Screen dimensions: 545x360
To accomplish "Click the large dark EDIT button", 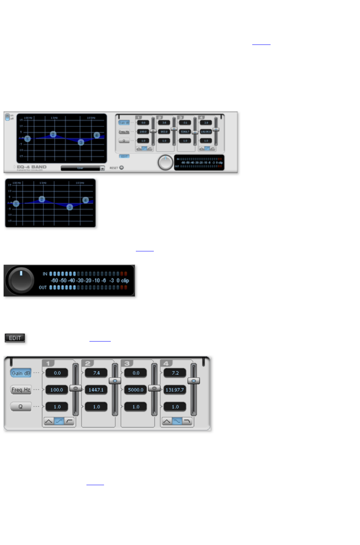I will [x=15, y=338].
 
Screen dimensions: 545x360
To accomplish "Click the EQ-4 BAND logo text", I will [x=32, y=167].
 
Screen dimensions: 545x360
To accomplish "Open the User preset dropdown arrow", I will [x=102, y=169].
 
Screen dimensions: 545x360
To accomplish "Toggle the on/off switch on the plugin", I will [x=7, y=117].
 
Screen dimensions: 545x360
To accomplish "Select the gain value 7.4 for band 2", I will [x=97, y=373].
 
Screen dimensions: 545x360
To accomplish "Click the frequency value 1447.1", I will [x=96, y=390].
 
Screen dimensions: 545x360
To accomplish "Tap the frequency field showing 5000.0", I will [x=135, y=390].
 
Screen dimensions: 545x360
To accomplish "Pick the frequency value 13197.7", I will [x=175, y=390].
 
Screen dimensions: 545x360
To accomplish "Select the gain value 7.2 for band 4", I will [x=175, y=373].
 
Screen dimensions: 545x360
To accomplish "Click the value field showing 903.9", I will [x=164, y=132].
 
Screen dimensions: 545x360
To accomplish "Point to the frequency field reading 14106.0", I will [x=206, y=132].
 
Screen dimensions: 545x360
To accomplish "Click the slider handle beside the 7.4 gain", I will [x=115, y=381].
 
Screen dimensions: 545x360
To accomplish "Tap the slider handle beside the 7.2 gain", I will [x=194, y=381].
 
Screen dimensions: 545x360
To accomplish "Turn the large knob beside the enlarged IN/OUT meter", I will [x=21, y=280].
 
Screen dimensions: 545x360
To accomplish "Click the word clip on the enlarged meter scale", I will [x=125, y=281].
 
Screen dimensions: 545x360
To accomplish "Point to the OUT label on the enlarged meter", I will [x=43, y=288].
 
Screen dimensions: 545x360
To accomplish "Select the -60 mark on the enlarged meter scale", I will [x=55, y=281].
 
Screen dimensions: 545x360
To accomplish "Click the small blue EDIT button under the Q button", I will [x=124, y=156].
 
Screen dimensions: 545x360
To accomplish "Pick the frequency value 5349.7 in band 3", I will [x=185, y=132].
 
